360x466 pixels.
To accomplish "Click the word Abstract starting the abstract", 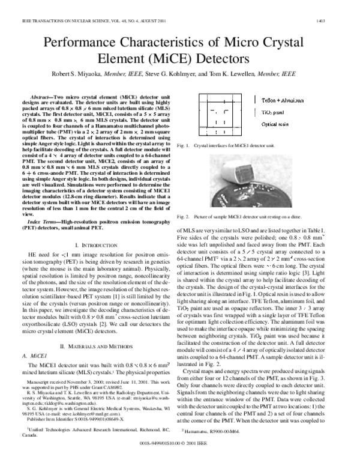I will pos(42,97).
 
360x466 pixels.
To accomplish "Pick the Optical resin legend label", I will pos(275,124).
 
